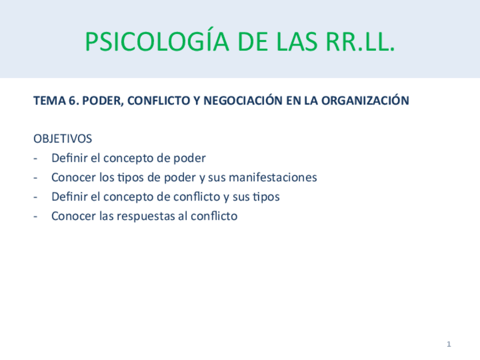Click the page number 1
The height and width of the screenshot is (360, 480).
point(448,344)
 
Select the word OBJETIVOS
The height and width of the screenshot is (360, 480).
point(62,139)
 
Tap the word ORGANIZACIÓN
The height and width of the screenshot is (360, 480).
point(365,101)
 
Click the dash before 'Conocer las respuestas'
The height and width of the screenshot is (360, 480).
point(36,216)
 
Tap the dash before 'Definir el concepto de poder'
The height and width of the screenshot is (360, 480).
point(36,158)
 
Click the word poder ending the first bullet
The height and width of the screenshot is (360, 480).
point(189,158)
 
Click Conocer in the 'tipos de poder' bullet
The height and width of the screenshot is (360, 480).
point(73,177)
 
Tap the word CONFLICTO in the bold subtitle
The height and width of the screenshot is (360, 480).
point(153,101)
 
